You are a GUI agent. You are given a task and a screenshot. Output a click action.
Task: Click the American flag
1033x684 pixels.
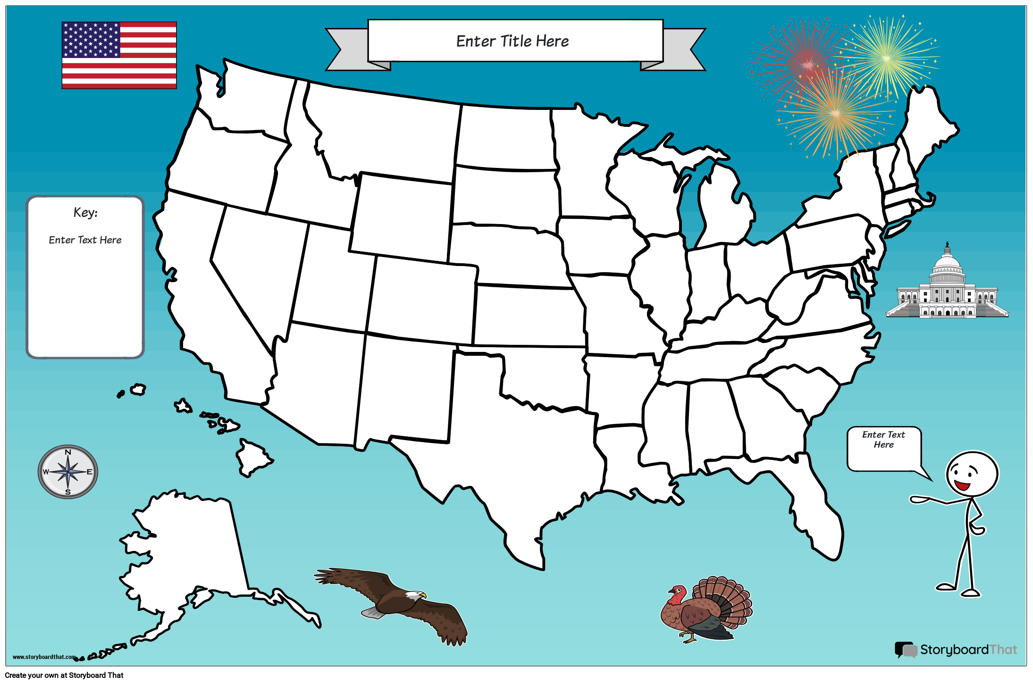point(119,55)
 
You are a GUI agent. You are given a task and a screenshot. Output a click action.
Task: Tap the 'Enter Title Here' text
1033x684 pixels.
point(512,41)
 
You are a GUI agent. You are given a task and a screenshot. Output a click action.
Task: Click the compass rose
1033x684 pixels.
point(68,472)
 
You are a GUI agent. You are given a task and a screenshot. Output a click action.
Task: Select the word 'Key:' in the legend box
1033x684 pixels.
point(85,213)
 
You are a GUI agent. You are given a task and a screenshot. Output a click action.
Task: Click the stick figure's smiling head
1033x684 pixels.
point(972,474)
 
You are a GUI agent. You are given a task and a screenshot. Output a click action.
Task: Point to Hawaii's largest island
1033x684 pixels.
point(252,457)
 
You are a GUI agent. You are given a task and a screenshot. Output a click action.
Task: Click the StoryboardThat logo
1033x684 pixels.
point(956,650)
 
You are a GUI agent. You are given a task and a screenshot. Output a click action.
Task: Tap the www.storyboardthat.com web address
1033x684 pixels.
point(43,657)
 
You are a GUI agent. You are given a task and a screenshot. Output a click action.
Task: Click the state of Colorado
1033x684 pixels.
point(422,300)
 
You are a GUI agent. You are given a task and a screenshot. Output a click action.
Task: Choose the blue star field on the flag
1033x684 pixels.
point(91,40)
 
